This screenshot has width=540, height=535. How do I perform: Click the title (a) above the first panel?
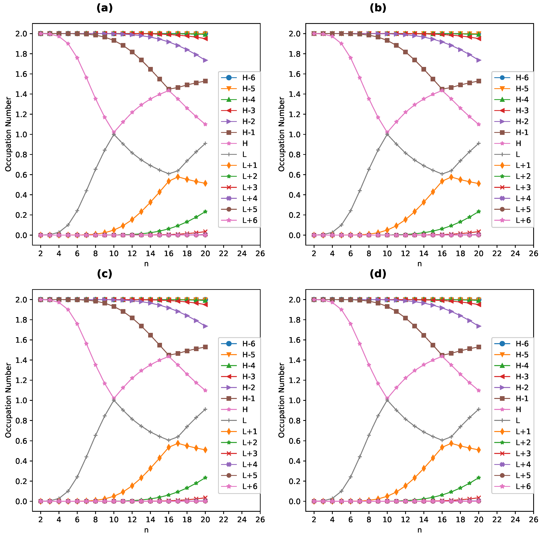tap(105, 8)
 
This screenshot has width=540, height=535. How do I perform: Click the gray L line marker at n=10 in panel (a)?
tap(114, 134)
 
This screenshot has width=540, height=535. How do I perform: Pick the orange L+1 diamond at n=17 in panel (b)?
tap(451, 177)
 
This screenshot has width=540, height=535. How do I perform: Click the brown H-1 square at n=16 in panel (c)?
tap(168, 355)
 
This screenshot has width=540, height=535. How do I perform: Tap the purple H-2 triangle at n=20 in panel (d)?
tap(478, 326)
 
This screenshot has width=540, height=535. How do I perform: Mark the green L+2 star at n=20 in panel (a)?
tap(205, 212)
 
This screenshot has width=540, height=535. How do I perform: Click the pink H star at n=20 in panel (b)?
tap(478, 124)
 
